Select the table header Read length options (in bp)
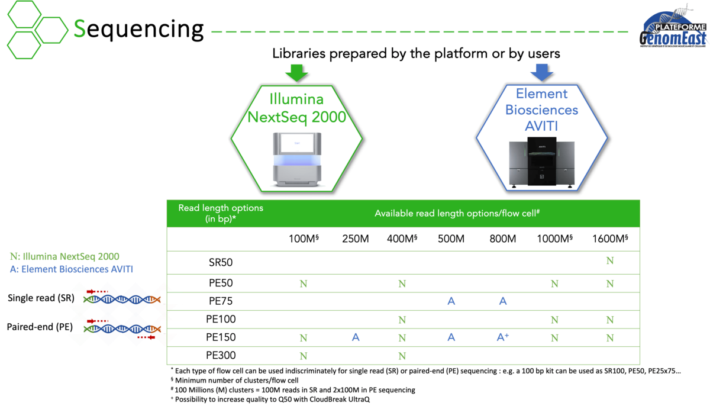pyautogui.click(x=221, y=213)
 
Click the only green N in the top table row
pyautogui.click(x=610, y=261)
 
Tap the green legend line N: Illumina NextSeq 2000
pyautogui.click(x=64, y=257)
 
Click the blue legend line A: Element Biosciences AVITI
pyautogui.click(x=71, y=269)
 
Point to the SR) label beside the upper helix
pyautogui.click(x=68, y=298)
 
